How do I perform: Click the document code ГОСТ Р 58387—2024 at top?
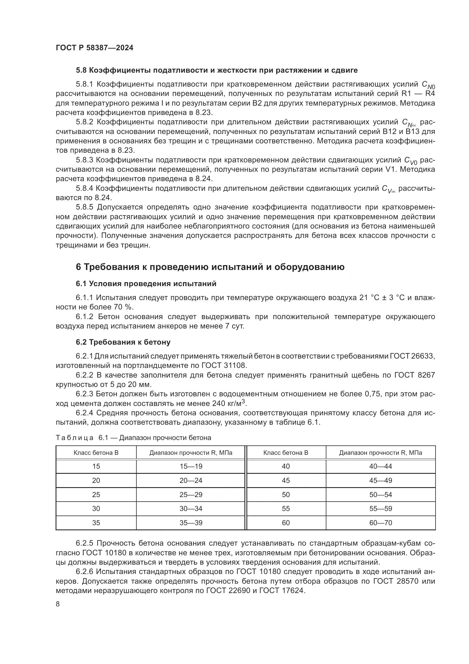[94, 48]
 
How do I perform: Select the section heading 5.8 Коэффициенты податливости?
[217, 70]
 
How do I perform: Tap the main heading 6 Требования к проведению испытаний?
[210, 267]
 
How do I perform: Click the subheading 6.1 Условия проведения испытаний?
[146, 284]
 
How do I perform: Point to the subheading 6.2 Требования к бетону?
[123, 342]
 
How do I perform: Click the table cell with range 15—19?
[191, 466]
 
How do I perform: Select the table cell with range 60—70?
[380, 523]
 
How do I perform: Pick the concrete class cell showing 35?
[96, 523]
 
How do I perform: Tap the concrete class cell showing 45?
[286, 480]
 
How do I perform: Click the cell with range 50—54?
[380, 495]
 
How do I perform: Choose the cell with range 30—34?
[191, 508]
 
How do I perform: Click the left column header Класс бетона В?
[96, 453]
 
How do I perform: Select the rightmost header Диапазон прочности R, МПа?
[380, 453]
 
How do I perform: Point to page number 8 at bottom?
[58, 604]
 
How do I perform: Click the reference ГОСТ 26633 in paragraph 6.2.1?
[412, 356]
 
